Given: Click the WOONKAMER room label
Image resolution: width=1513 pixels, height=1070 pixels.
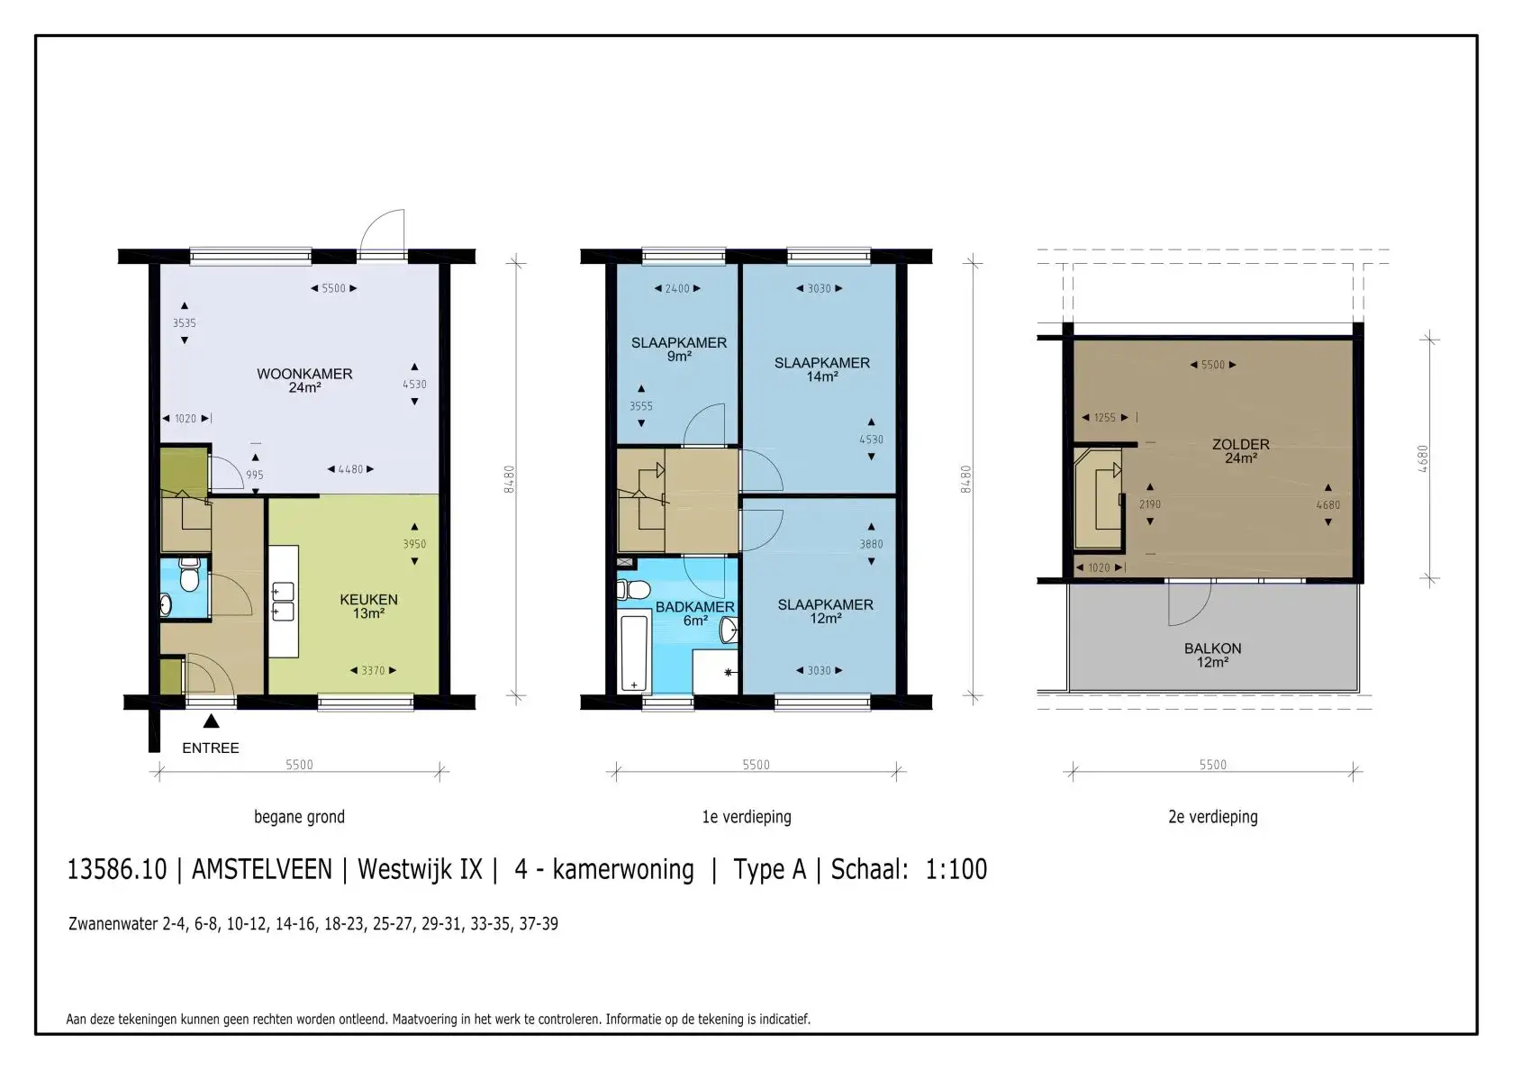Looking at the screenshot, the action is [x=304, y=380].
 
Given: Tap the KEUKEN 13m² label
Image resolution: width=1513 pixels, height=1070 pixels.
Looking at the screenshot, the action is [x=369, y=606].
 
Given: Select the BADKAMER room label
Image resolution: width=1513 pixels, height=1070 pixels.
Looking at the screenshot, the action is [x=695, y=613].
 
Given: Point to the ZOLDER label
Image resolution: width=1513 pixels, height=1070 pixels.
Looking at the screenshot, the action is [x=1241, y=451].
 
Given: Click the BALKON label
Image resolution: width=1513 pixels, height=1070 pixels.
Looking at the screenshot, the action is [x=1212, y=656].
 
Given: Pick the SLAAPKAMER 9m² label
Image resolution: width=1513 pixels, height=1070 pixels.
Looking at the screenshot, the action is [x=679, y=349].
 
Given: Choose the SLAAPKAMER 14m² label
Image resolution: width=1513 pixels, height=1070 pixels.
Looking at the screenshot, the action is [x=822, y=369].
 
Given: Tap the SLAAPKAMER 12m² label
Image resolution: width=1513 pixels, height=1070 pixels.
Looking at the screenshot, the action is [x=825, y=612].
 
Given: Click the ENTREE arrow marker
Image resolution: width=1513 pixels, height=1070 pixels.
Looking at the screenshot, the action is [x=212, y=721].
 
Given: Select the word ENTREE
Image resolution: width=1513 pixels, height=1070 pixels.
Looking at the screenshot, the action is [x=211, y=748].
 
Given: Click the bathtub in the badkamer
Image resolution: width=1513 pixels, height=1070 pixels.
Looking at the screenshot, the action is [x=634, y=653].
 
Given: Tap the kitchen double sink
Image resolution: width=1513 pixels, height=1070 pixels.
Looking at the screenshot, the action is [x=283, y=602].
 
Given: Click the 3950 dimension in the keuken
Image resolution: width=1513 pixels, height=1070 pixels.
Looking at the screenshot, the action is [x=414, y=544].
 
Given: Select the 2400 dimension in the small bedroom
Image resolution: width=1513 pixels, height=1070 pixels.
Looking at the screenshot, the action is [x=677, y=288].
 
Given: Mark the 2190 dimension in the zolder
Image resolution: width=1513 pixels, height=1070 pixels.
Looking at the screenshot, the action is [x=1150, y=504].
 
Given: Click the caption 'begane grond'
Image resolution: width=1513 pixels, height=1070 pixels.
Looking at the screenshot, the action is [x=299, y=817].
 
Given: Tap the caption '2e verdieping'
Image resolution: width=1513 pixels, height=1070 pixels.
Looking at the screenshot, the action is [x=1213, y=817].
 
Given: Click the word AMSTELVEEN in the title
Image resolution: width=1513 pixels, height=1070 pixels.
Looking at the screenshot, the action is [x=262, y=869].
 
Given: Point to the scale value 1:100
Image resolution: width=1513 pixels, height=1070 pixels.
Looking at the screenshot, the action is [x=956, y=869].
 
